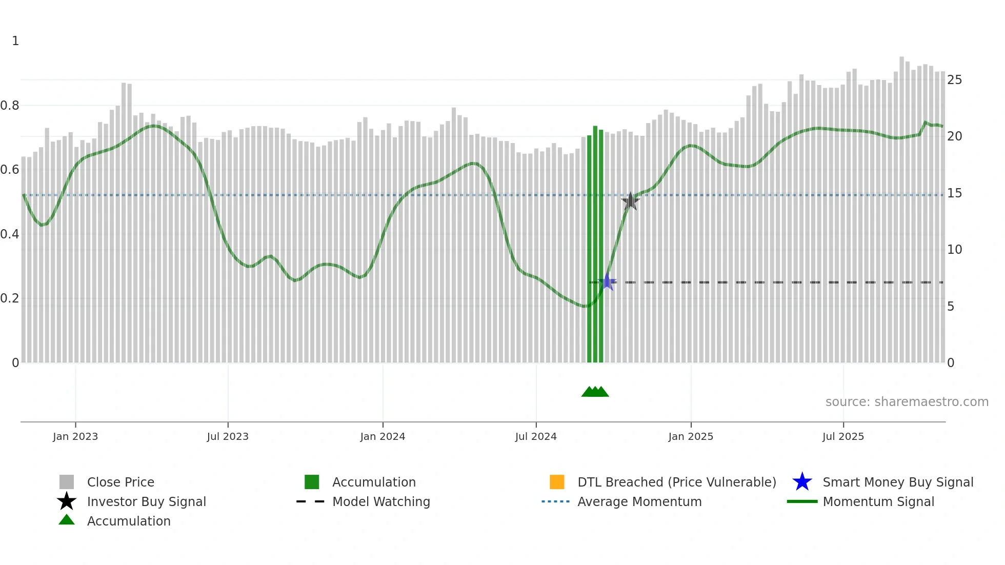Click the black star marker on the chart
(630, 201)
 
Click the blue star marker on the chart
(608, 282)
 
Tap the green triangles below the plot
(595, 392)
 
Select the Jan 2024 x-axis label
(383, 436)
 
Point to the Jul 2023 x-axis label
(228, 436)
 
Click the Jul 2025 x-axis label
(843, 436)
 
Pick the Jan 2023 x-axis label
(75, 436)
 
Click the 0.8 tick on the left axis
(10, 106)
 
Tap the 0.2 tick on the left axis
(10, 298)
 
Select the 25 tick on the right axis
(954, 80)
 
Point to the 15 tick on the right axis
(954, 193)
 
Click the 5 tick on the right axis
(951, 307)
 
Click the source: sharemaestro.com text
(907, 402)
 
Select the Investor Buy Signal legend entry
(146, 501)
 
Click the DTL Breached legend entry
(676, 482)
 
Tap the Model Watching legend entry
(381, 501)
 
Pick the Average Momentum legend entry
(639, 501)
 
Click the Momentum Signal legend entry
(878, 501)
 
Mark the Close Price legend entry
(120, 482)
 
